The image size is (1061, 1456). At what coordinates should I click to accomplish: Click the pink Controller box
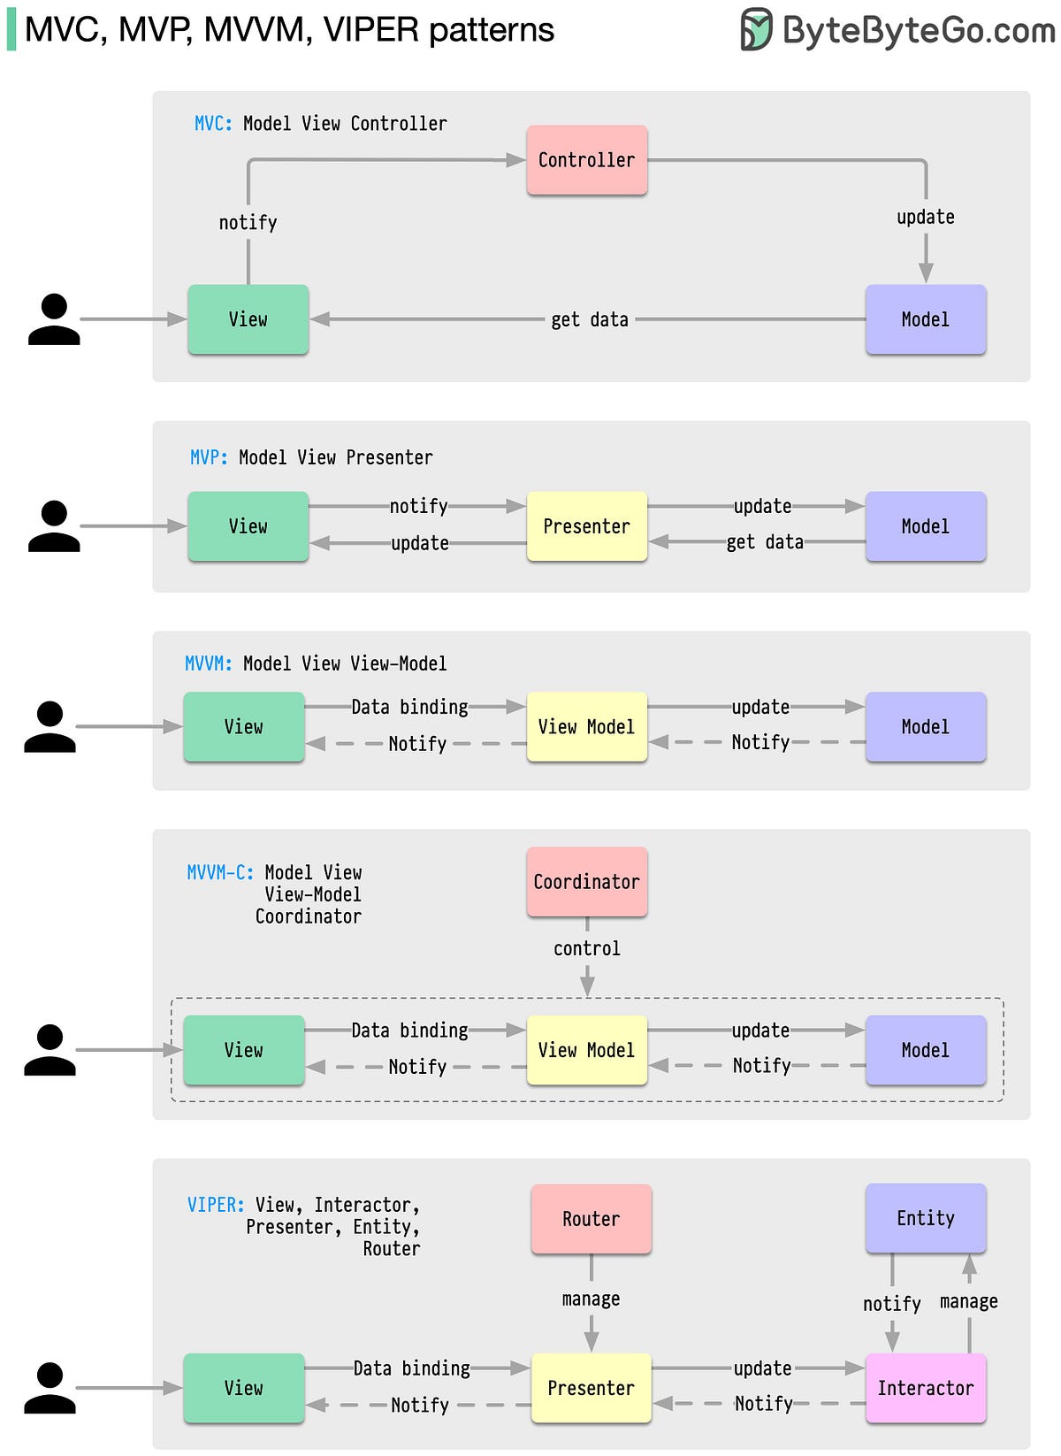[587, 160]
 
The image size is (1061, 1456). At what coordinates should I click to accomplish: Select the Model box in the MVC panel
[925, 319]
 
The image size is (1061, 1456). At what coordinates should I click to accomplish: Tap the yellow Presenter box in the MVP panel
[587, 526]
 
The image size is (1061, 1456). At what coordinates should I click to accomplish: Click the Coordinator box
[587, 882]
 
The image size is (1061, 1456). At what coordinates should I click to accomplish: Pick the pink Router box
[591, 1219]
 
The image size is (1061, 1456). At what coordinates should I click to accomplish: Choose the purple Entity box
[925, 1218]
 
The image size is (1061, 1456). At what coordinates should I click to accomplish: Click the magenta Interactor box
[925, 1388]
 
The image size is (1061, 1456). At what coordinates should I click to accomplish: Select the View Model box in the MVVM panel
[587, 727]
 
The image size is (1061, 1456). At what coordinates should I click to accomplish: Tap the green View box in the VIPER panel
[244, 1388]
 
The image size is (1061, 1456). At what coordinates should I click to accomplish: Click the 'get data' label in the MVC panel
[590, 319]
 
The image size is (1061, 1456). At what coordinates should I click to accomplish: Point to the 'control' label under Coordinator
[587, 948]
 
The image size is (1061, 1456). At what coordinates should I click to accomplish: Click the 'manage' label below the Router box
[591, 1299]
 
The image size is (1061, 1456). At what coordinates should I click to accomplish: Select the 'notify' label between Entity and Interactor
[891, 1304]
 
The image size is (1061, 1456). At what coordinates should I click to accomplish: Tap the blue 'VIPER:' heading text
[216, 1205]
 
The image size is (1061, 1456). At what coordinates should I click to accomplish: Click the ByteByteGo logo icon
[756, 29]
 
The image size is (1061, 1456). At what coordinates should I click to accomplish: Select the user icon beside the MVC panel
[54, 319]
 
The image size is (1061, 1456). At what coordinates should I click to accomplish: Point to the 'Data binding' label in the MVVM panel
[409, 707]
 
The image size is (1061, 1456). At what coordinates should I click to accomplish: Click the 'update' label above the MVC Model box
[925, 217]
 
